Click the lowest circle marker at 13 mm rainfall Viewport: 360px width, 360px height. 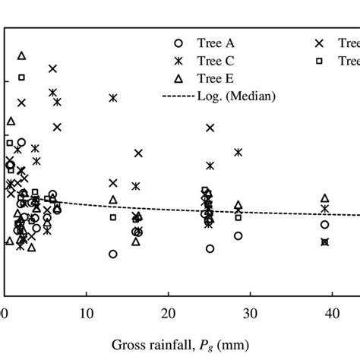(113, 254)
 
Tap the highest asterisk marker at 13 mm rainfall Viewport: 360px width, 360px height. (113, 98)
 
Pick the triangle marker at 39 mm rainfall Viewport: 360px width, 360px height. (325, 198)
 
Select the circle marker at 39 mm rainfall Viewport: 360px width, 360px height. (325, 225)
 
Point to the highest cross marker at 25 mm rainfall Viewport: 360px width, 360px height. (210, 128)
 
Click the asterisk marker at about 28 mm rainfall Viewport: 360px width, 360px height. (238, 153)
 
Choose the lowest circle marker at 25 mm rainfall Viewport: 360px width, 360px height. (210, 248)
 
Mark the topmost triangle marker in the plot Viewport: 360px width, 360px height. (22, 55)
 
